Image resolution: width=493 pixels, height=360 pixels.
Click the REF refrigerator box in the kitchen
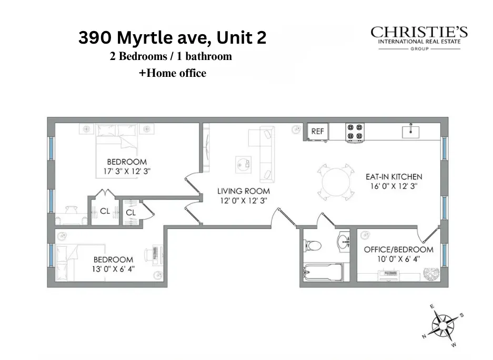[x=317, y=132]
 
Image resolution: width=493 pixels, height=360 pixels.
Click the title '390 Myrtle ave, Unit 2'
[x=173, y=38]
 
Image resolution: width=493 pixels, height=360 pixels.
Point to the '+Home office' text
[x=173, y=73]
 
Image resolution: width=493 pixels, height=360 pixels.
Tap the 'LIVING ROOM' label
[x=244, y=191]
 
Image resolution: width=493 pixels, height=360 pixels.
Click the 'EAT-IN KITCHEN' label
[x=394, y=177]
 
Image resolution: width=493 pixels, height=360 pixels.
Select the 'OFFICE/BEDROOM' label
[x=399, y=249]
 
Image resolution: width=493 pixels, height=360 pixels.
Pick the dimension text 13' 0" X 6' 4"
[x=114, y=268]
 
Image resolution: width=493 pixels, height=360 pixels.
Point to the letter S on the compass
[x=462, y=316]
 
